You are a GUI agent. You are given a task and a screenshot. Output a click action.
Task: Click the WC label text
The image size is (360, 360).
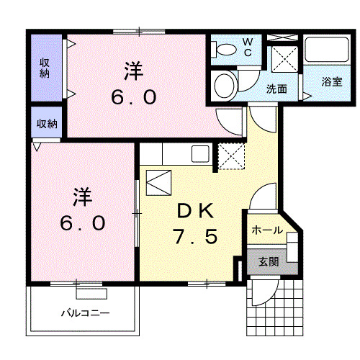click(x=248, y=48)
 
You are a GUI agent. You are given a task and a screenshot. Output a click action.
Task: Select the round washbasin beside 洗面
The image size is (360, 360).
click(x=224, y=86)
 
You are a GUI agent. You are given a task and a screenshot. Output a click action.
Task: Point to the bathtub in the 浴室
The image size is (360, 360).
click(x=327, y=50)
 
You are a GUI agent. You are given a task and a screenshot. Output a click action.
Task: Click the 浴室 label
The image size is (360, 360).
click(x=332, y=82)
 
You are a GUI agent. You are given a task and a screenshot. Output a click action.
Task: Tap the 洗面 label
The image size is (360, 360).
click(x=276, y=89)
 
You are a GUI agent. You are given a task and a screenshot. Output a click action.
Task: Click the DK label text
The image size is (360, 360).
click(x=195, y=211)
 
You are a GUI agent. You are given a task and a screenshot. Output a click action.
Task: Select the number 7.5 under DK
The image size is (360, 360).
click(x=196, y=236)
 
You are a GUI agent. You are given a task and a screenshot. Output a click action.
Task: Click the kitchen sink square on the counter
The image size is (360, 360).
click(x=200, y=153)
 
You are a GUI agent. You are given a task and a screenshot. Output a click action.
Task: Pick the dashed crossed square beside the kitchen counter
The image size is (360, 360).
click(x=231, y=156)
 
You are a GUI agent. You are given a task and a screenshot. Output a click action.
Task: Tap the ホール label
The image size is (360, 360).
click(x=267, y=230)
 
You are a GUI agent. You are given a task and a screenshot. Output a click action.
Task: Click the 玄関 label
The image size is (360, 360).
click(x=269, y=262)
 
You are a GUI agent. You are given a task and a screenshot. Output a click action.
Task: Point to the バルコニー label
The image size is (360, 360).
click(x=86, y=313)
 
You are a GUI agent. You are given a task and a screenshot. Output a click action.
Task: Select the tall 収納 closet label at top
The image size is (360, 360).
click(x=45, y=68)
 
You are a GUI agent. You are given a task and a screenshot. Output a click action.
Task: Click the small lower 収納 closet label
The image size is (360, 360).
click(x=47, y=124)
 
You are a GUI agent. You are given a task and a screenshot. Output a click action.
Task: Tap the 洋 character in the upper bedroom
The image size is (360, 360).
click(x=134, y=71)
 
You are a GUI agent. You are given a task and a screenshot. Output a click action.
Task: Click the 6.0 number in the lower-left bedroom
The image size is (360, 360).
click(x=82, y=223)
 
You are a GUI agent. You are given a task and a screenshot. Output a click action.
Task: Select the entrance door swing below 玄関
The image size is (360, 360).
click(x=265, y=291)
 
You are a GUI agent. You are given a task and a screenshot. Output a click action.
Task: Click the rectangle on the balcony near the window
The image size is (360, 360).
click(x=91, y=294)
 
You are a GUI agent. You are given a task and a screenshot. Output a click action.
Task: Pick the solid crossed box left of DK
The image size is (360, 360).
click(x=158, y=183)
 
